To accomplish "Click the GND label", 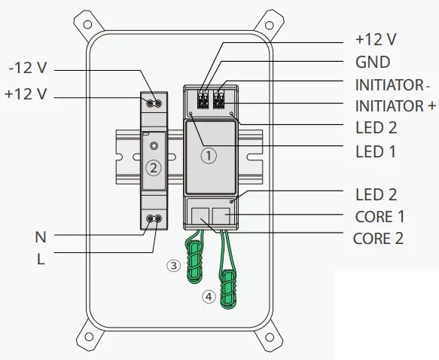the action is [x=373, y=63].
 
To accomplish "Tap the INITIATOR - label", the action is [x=392, y=85].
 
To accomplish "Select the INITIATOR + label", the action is [x=395, y=106].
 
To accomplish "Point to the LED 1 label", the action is [x=376, y=151].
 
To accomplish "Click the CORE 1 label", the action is [x=380, y=217].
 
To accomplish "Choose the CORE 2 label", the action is [x=378, y=239].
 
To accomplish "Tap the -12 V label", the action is [x=28, y=68].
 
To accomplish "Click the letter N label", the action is [x=41, y=237].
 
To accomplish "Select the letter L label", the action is [x=41, y=259].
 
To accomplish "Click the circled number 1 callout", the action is [x=209, y=155].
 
